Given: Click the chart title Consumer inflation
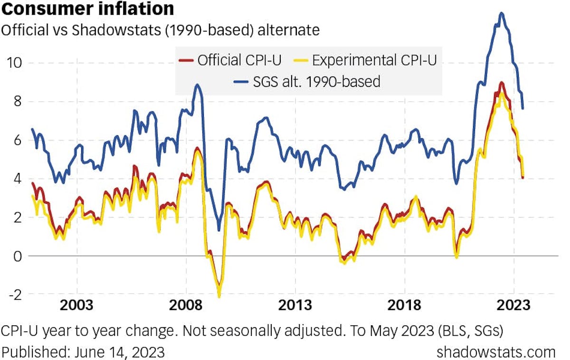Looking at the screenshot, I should (87, 9).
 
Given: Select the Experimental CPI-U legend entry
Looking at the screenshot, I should (369, 60).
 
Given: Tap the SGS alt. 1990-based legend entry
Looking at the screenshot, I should (308, 82).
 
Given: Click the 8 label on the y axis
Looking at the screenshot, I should (17, 102).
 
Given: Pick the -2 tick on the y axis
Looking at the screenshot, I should (14, 294).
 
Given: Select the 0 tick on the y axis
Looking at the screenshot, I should (17, 256).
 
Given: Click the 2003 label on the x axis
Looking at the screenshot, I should (77, 305).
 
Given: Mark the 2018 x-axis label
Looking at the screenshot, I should (405, 305).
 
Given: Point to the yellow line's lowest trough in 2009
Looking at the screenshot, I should (219, 296).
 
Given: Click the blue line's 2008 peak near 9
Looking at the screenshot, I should (197, 85).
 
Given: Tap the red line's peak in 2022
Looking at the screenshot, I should (502, 83).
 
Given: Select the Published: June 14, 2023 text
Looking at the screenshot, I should (84, 352).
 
